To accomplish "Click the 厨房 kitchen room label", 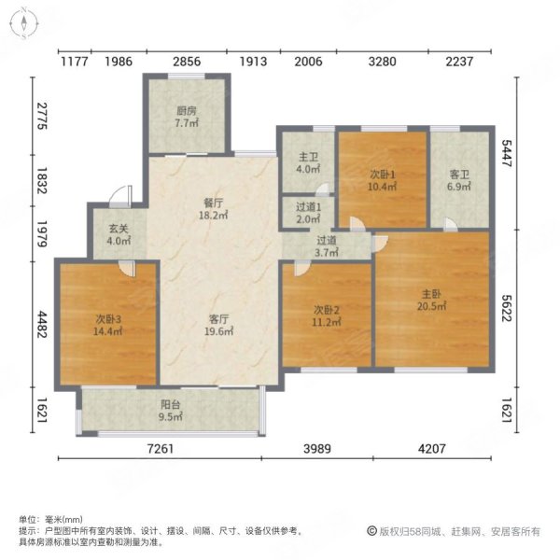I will tap(184, 110).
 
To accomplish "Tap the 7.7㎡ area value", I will tap(184, 122).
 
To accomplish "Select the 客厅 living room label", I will tap(218, 316).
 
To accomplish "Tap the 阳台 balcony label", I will tap(169, 405).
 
